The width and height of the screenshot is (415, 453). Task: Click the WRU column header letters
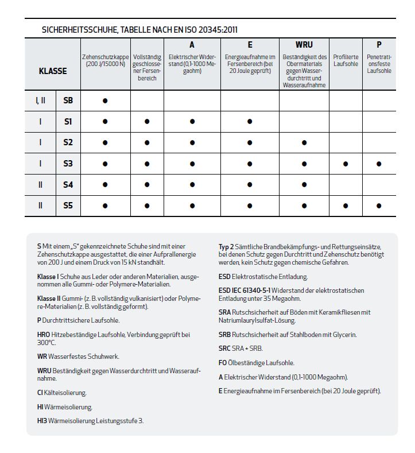[304, 45]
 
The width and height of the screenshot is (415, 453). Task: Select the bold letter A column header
[192, 45]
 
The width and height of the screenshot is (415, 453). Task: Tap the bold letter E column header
[250, 45]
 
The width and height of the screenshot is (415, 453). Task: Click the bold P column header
[379, 45]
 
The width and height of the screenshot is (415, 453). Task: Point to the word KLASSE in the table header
[52, 71]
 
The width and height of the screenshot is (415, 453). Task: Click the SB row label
[68, 100]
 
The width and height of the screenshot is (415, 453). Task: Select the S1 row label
[68, 122]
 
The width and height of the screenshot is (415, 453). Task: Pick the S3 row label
[68, 164]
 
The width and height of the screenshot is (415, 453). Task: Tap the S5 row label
[68, 205]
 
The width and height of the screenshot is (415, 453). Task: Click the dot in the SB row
[105, 100]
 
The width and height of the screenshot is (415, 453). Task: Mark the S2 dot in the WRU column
[304, 142]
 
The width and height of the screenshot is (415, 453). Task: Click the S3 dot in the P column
[379, 164]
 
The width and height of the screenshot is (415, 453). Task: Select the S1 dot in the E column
[250, 122]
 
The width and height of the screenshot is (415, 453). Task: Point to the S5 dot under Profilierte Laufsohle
[345, 205]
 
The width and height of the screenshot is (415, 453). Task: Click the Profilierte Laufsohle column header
[345, 60]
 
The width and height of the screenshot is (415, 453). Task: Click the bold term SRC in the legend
[226, 349]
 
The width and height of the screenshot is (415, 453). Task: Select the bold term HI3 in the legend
[42, 421]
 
